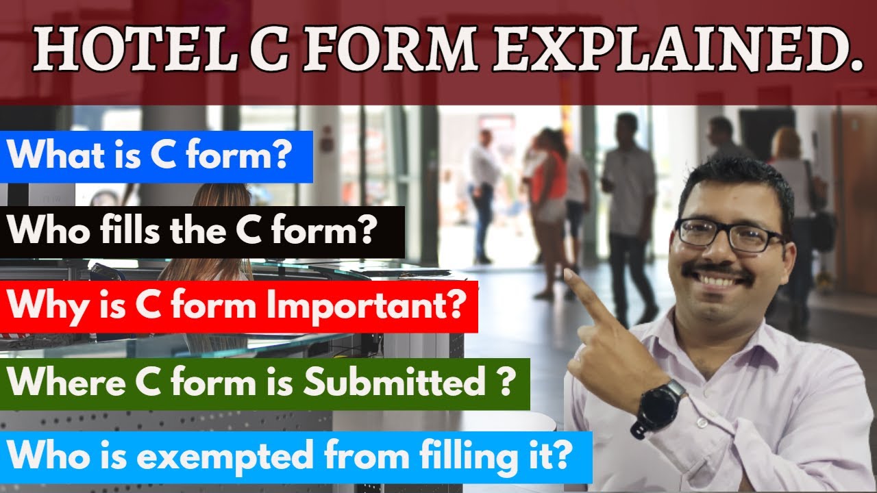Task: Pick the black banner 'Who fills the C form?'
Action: (x=202, y=231)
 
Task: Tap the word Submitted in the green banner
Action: (x=395, y=383)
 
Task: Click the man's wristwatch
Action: (x=658, y=408)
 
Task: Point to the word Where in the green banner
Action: (x=55, y=383)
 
